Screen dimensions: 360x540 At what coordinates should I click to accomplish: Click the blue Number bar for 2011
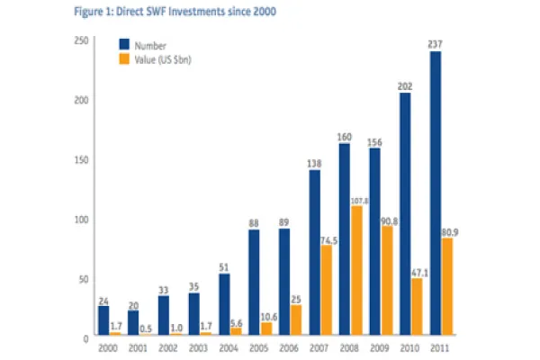[x=435, y=193]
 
